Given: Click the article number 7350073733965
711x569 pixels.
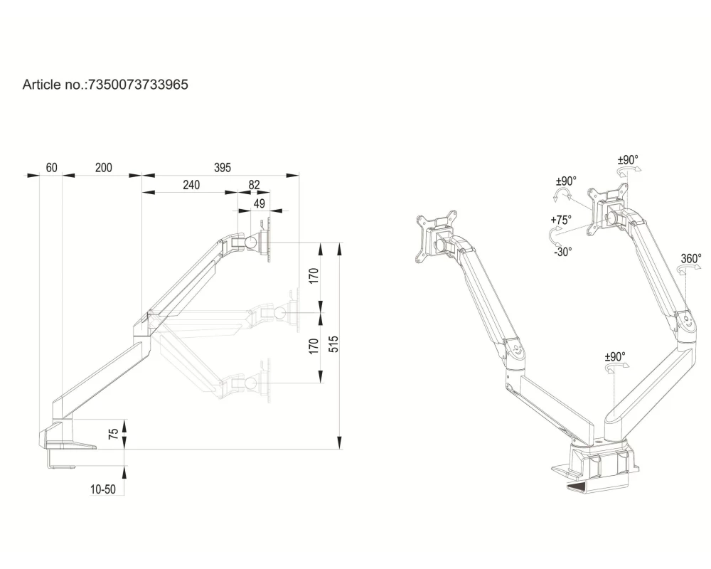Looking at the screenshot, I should pos(137,85).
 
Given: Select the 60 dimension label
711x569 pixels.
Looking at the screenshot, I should pos(51,168).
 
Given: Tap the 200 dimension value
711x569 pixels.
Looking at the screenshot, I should pos(103,168).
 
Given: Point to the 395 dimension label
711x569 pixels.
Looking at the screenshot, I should pos(223,168).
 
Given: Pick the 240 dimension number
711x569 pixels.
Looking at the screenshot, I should pos(191,185).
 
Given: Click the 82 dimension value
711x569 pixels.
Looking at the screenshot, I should pos(254,185).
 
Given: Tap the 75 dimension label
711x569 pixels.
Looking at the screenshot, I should pos(113,435).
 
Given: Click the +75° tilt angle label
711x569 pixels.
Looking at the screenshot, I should pos(560,220).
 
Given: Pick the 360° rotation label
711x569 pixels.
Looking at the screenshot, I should pos(690,259).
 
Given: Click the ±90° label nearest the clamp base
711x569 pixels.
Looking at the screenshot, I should pos(615,357).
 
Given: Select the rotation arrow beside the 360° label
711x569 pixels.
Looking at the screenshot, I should pos(686,271).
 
